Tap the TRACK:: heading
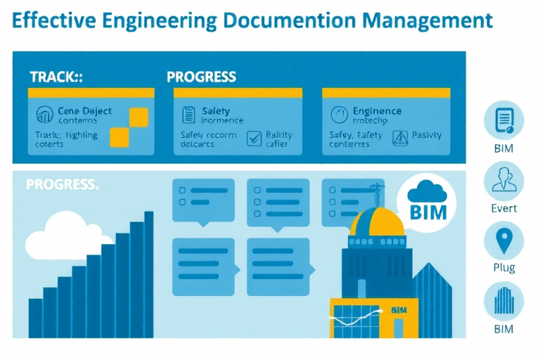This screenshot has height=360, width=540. pyautogui.click(x=56, y=77)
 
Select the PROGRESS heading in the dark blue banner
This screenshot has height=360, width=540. pyautogui.click(x=201, y=77)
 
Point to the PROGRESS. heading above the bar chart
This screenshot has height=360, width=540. pyautogui.click(x=62, y=185)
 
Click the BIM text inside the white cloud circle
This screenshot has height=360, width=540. pyautogui.click(x=427, y=210)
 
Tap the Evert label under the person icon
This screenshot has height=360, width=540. pyautogui.click(x=503, y=208)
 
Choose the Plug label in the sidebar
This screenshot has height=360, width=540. pyautogui.click(x=503, y=267)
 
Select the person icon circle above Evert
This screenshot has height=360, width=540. pyautogui.click(x=503, y=181)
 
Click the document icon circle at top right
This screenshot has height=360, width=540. pyautogui.click(x=503, y=121)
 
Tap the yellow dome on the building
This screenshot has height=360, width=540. pyautogui.click(x=378, y=224)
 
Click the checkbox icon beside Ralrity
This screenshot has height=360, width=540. pyautogui.click(x=254, y=139)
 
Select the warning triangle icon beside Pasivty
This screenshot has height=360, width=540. pyautogui.click(x=400, y=138)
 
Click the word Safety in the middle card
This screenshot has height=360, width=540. pyautogui.click(x=216, y=111)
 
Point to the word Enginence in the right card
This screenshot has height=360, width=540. pyautogui.click(x=377, y=111)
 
